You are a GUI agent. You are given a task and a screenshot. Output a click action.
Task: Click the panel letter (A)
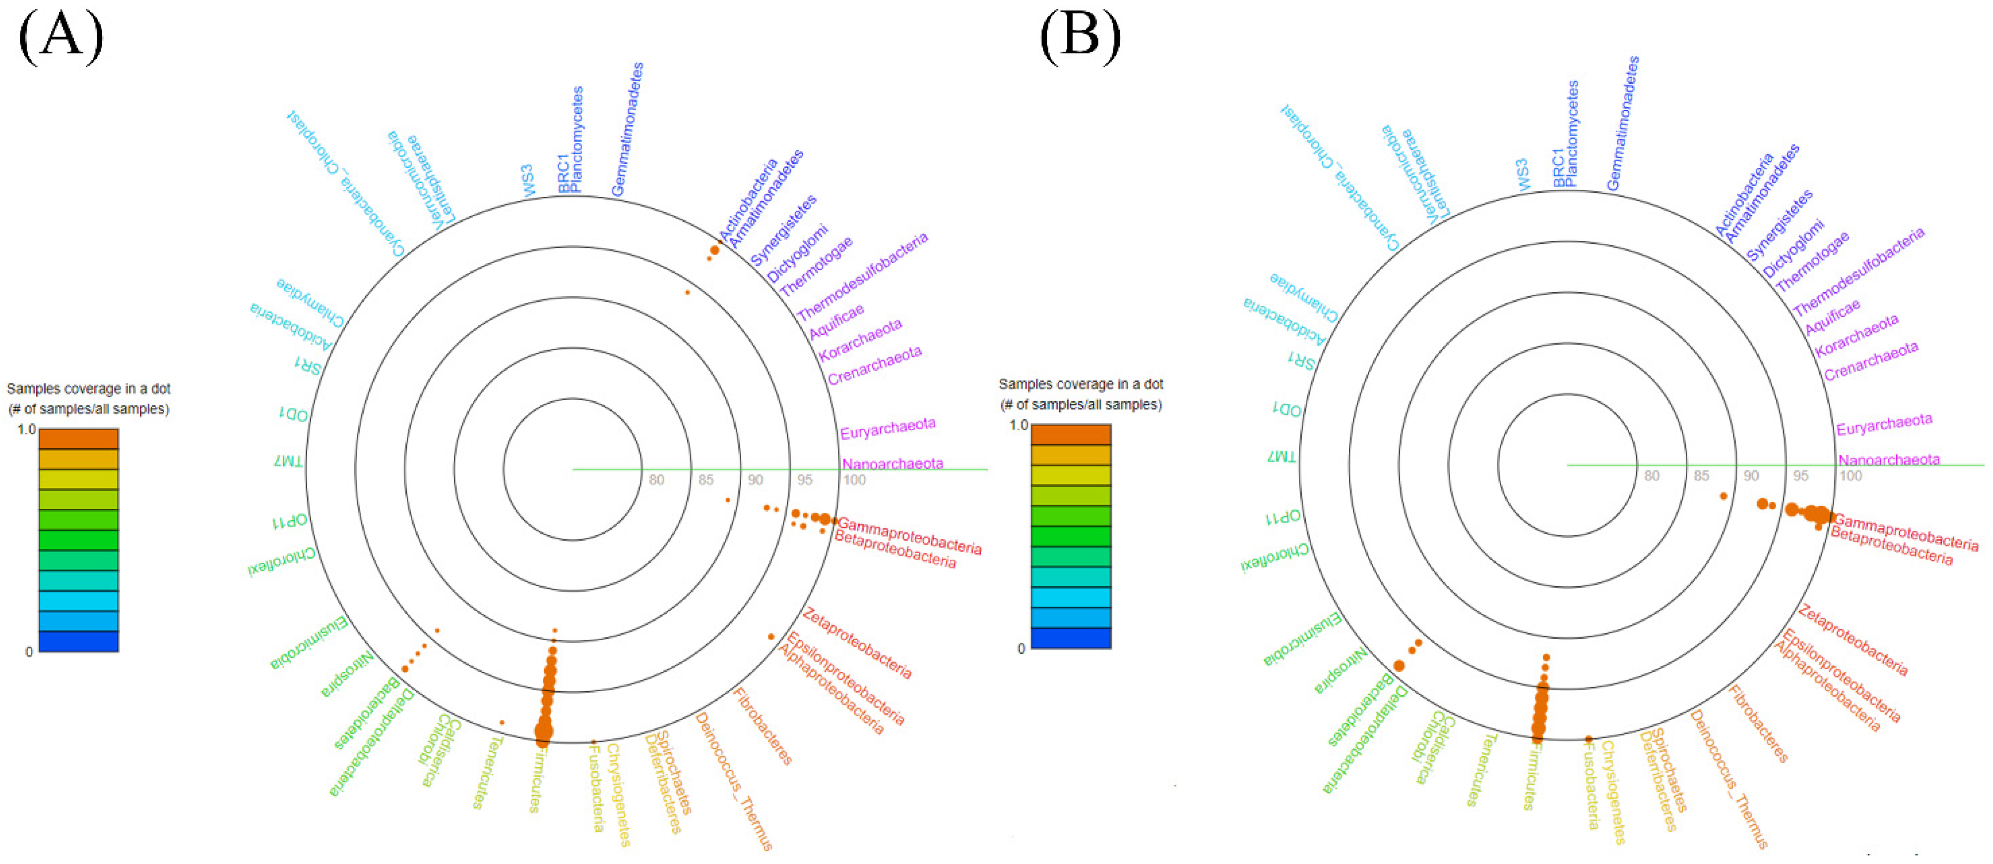pyautogui.click(x=60, y=36)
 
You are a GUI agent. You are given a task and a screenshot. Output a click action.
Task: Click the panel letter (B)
pyautogui.click(x=1079, y=36)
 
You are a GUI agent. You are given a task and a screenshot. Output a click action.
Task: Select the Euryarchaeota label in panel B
pyautogui.click(x=1884, y=424)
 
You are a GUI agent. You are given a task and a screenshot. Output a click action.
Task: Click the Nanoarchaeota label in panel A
pyautogui.click(x=892, y=463)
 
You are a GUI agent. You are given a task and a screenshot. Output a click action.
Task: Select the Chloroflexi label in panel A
pyautogui.click(x=281, y=562)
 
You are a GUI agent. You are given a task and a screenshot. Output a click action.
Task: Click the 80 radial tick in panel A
pyautogui.click(x=656, y=479)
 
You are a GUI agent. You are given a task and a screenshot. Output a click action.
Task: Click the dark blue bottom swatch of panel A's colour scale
pyautogui.click(x=78, y=641)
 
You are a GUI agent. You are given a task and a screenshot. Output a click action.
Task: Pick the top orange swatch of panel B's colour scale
pyautogui.click(x=1071, y=434)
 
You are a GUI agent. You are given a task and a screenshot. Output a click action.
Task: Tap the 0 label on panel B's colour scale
pyautogui.click(x=1021, y=648)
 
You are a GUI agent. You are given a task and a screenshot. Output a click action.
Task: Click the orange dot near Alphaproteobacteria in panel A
pyautogui.click(x=771, y=636)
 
